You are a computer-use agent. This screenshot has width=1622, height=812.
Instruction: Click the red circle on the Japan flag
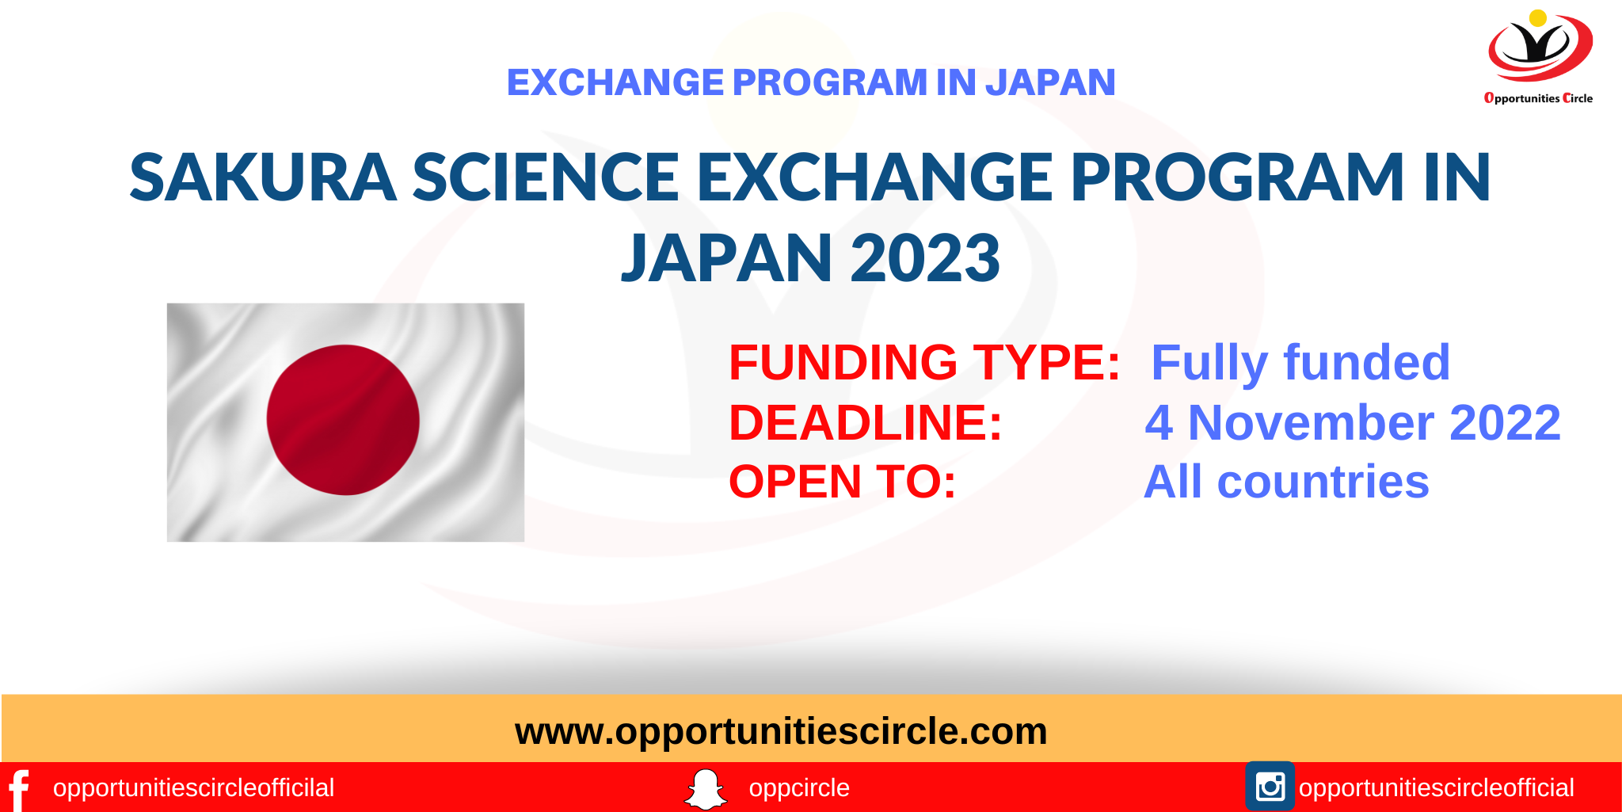point(343,420)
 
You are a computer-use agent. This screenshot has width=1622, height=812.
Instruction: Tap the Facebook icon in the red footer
point(19,789)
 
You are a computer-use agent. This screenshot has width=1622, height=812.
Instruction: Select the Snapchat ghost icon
point(705,789)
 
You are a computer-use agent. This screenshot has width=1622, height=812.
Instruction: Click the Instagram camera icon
point(1270,787)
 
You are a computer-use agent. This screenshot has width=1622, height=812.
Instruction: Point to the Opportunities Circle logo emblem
point(1540,47)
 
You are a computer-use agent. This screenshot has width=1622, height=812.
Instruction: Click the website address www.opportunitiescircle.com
point(781,730)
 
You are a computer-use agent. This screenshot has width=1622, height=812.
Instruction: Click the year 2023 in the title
point(926,258)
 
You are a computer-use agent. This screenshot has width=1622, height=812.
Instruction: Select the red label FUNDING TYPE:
point(924,363)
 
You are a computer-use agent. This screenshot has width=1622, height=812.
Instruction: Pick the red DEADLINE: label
point(866,422)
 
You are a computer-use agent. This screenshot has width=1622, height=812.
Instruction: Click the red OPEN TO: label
point(843,482)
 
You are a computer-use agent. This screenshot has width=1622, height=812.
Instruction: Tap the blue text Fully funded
point(1300,363)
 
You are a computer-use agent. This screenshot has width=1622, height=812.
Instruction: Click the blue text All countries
point(1286,482)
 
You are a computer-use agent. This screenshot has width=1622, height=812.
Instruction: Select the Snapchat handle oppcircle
point(799,788)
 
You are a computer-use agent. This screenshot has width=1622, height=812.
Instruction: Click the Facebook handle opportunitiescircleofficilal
point(193,788)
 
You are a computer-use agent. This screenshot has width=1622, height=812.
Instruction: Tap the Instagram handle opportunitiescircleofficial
point(1436,788)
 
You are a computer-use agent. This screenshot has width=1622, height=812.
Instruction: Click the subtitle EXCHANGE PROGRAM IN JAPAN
point(811,82)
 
